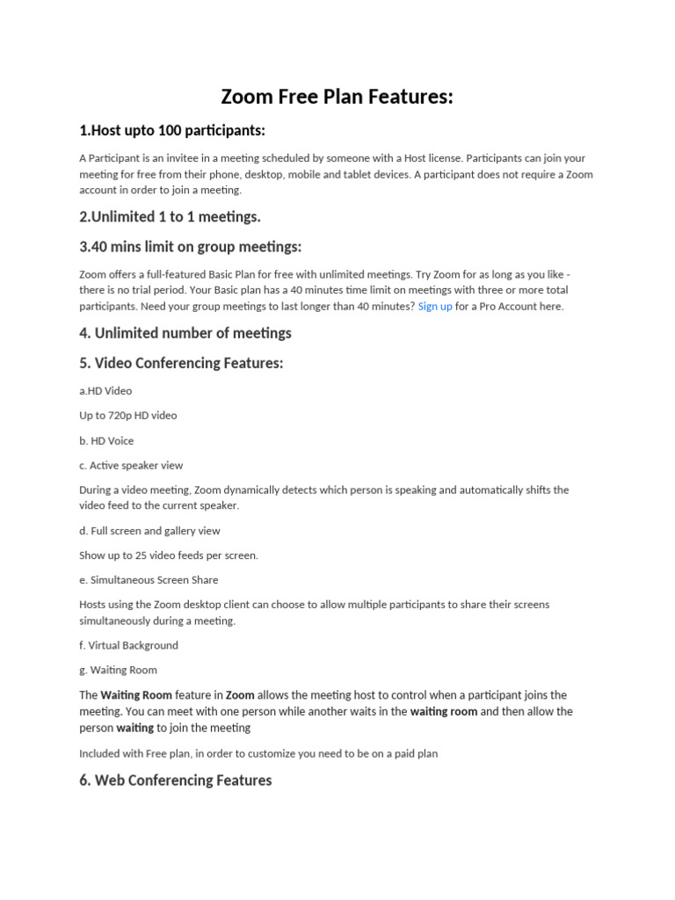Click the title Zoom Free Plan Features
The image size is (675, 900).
pyautogui.click(x=337, y=97)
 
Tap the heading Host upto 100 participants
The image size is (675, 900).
pyautogui.click(x=171, y=131)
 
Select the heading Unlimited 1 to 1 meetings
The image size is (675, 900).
pyautogui.click(x=170, y=216)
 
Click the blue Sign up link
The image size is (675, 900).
pyautogui.click(x=435, y=307)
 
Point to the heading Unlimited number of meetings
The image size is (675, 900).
pyautogui.click(x=185, y=333)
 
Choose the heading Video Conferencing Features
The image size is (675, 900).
pyautogui.click(x=181, y=363)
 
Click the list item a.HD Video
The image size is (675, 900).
pyautogui.click(x=105, y=390)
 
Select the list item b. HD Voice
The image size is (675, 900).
pyautogui.click(x=106, y=441)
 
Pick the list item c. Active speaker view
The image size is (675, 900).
pyautogui.click(x=131, y=466)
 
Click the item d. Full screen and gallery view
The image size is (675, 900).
pyautogui.click(x=149, y=531)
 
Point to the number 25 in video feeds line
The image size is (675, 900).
pyautogui.click(x=141, y=555)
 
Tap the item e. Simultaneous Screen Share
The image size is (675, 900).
pyautogui.click(x=149, y=580)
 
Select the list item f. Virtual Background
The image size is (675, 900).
pyautogui.click(x=128, y=645)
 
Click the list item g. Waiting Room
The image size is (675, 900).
pyautogui.click(x=118, y=670)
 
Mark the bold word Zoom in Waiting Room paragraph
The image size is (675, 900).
pyautogui.click(x=240, y=695)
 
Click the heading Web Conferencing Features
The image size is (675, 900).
pyautogui.click(x=175, y=780)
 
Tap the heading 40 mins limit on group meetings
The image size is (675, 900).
pyautogui.click(x=190, y=247)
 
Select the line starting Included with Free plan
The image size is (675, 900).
pyautogui.click(x=258, y=753)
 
